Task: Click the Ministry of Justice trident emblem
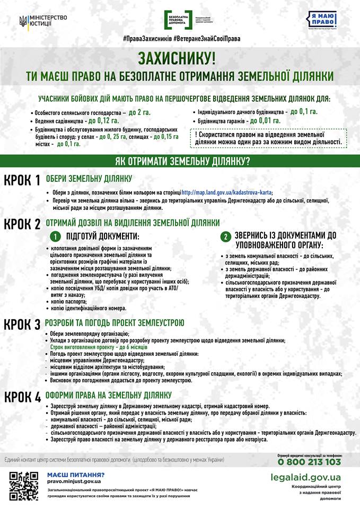coord(23,21)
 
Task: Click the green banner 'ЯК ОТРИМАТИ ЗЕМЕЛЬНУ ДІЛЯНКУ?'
coord(180,161)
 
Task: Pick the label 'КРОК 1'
coord(22,181)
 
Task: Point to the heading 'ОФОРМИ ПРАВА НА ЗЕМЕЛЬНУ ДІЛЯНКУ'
coord(109,395)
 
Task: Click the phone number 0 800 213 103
coord(309,462)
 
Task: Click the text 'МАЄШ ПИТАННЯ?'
coord(76,475)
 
